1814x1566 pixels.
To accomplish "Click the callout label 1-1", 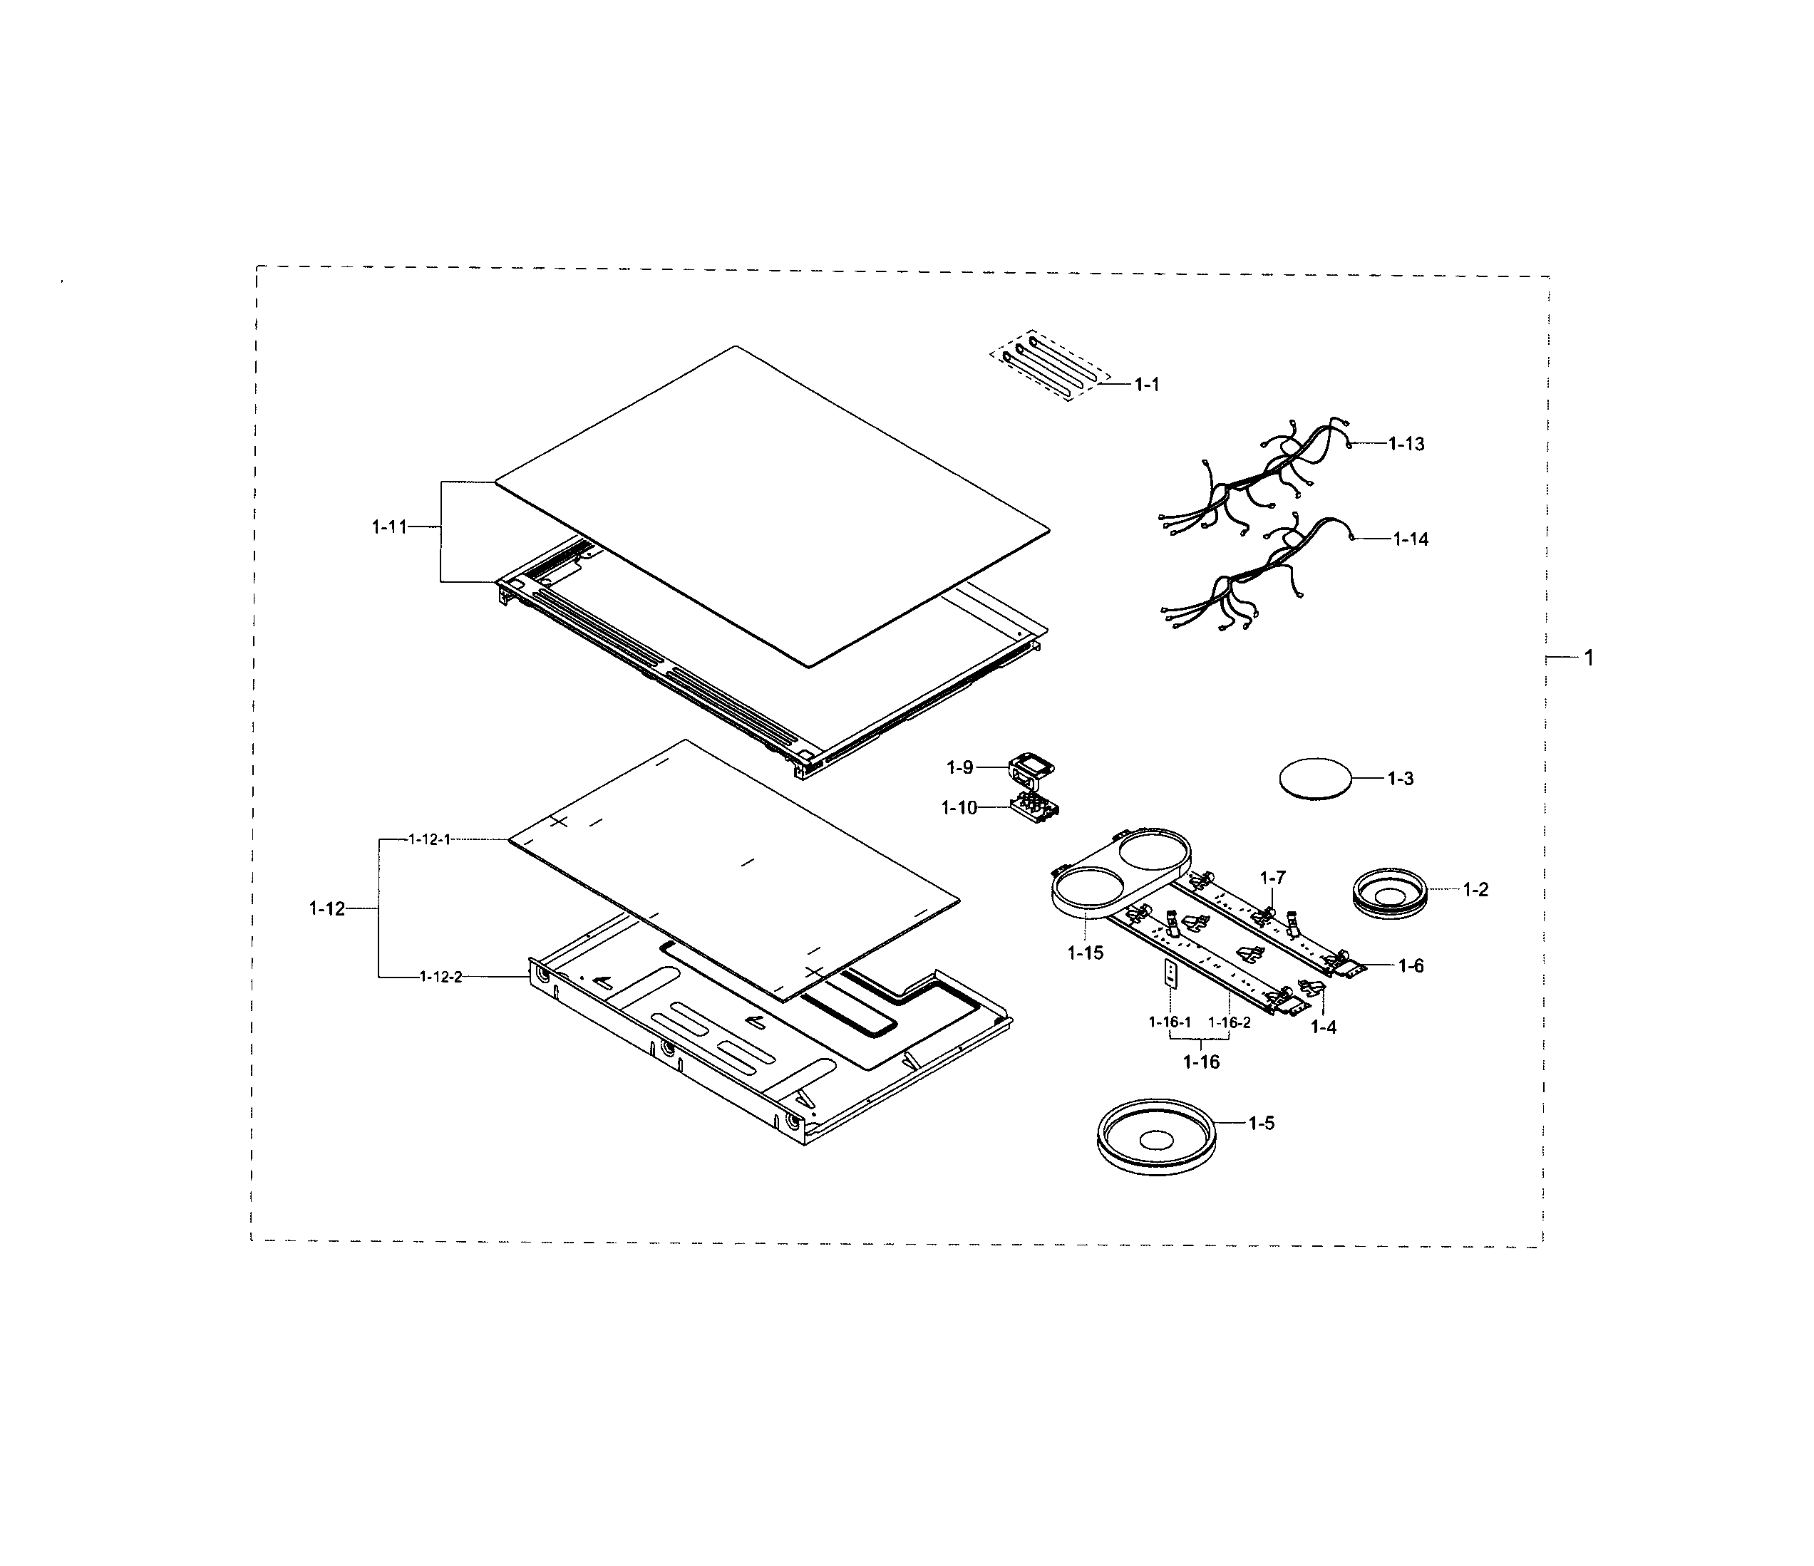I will click(x=1146, y=384).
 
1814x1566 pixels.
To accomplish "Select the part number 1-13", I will click(x=1406, y=444).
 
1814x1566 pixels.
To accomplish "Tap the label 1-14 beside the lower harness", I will click(x=1411, y=539).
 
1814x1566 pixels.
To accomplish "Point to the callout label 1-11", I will click(x=390, y=527).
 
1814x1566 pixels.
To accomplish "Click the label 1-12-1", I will click(x=429, y=839).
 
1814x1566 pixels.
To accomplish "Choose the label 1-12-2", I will click(x=440, y=977).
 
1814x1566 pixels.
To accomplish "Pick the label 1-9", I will click(x=959, y=767).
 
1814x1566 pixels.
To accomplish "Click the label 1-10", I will click(x=959, y=808).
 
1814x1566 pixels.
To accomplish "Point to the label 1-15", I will click(x=1086, y=953).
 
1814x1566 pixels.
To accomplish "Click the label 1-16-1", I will click(x=1170, y=1022).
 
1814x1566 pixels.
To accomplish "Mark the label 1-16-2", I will click(x=1230, y=1022).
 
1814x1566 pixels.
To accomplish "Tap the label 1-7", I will click(x=1273, y=877).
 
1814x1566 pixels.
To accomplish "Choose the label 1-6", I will click(x=1411, y=966).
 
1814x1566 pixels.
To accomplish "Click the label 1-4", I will click(x=1323, y=1027).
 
